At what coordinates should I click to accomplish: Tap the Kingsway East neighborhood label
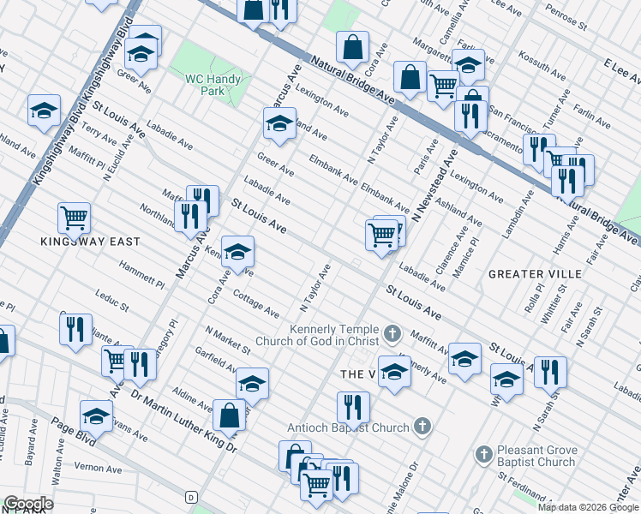[x=90, y=242]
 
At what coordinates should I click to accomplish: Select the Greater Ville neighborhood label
[x=535, y=274]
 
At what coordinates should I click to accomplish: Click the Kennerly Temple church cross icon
[x=392, y=332]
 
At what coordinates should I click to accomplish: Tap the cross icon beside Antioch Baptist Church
[x=421, y=426]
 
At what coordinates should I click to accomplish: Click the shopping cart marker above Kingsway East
[x=75, y=218]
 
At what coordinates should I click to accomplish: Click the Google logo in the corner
[x=28, y=504]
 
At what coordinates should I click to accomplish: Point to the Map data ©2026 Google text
[x=587, y=507]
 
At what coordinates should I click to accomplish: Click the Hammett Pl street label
[x=142, y=275]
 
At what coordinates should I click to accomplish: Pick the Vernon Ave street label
[x=98, y=469]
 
